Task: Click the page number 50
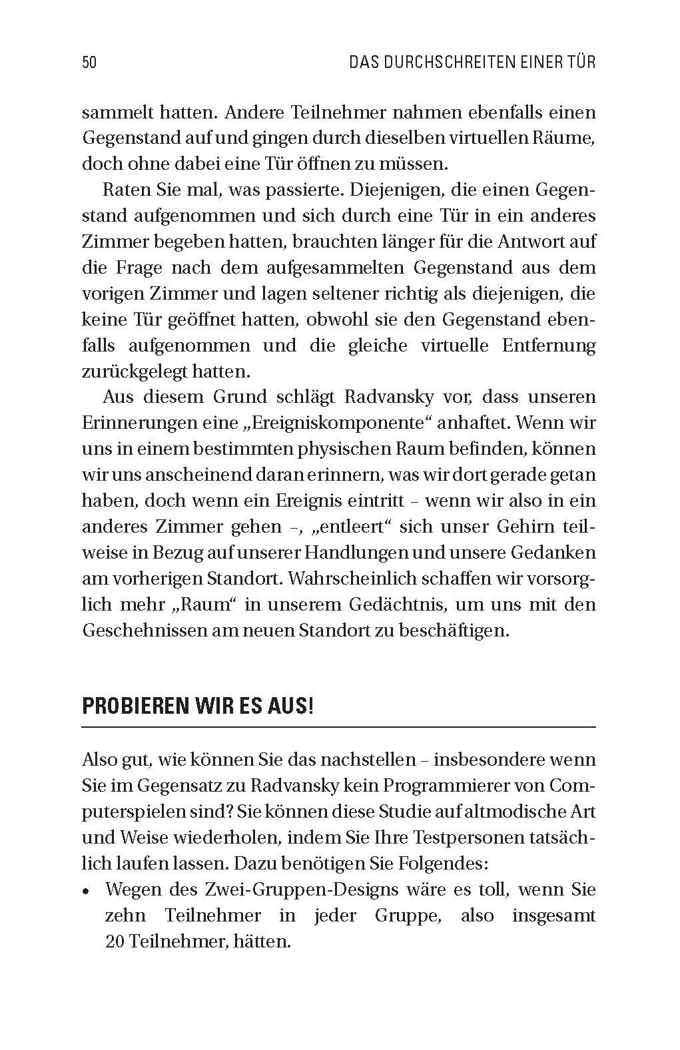(x=89, y=63)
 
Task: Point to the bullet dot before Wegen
(x=86, y=891)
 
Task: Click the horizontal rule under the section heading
(x=338, y=726)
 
